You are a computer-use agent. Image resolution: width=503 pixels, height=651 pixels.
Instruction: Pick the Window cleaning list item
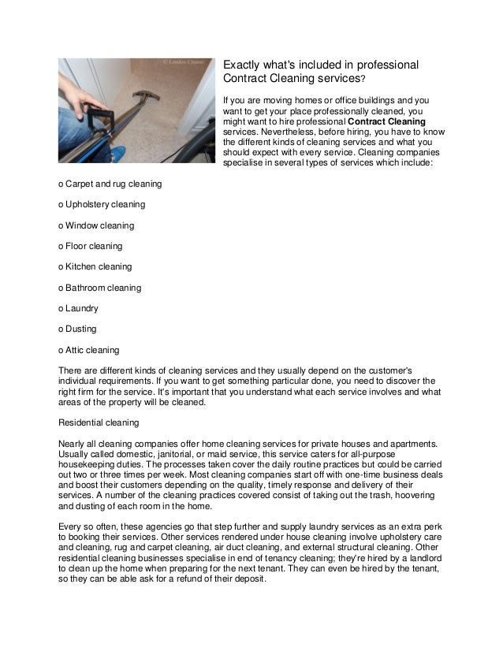(95, 225)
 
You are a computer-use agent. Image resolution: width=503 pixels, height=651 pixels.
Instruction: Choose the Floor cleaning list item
(90, 246)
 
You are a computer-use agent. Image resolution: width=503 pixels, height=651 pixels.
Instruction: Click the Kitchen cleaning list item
(95, 267)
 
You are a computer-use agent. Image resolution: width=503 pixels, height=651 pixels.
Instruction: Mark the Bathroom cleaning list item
(99, 288)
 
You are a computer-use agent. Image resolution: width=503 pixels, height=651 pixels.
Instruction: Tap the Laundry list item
(78, 308)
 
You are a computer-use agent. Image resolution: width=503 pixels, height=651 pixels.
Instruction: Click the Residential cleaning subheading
(99, 422)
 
